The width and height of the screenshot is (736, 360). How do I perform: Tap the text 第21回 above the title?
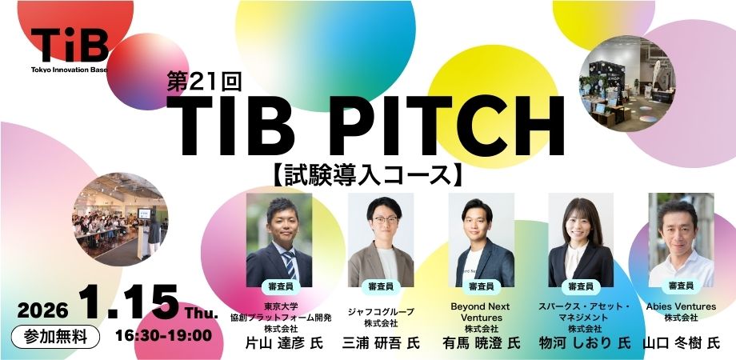click(x=204, y=81)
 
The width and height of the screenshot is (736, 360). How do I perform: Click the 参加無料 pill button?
click(x=55, y=337)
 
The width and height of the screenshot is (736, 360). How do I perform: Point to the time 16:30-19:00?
click(x=163, y=335)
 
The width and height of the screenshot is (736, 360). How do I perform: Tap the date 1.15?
click(x=129, y=302)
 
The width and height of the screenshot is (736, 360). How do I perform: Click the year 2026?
click(x=42, y=310)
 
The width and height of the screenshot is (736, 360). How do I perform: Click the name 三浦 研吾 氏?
click(x=381, y=343)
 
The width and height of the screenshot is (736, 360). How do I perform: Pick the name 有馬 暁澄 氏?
click(x=481, y=343)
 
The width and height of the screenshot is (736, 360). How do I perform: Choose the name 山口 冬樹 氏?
click(x=681, y=343)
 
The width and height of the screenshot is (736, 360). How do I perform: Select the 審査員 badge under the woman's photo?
click(x=581, y=286)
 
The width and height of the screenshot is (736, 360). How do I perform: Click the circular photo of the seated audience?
click(x=120, y=219)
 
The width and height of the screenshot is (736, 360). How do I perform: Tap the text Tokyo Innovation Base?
click(x=70, y=70)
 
